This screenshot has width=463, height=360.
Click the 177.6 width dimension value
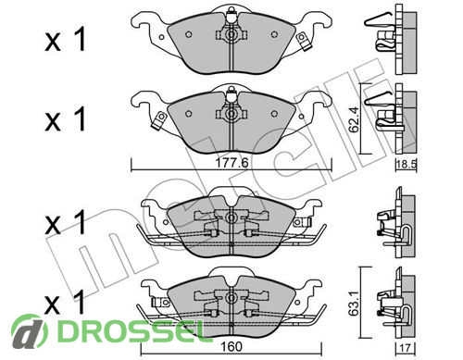click(231, 163)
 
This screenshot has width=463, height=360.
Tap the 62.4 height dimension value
click(354, 119)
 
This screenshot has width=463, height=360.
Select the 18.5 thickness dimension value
click(407, 164)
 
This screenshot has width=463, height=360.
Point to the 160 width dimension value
click(231, 347)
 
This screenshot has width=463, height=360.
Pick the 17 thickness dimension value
click(405, 348)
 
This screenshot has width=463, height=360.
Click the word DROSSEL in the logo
click(131, 331)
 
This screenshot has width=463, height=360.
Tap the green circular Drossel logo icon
click(30, 330)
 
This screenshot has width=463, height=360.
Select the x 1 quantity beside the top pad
click(65, 40)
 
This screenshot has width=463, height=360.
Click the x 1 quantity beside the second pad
click(65, 119)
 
